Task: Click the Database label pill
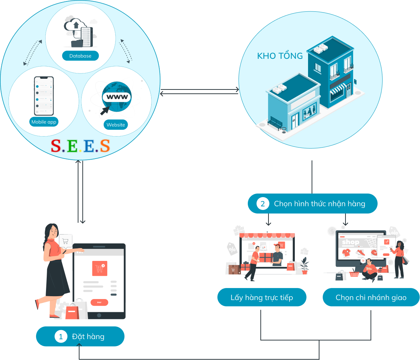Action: coord(80,56)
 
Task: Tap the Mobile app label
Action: coord(44,122)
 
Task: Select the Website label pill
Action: coord(116,125)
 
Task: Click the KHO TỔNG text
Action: coord(280,56)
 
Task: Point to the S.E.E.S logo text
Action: coord(80,146)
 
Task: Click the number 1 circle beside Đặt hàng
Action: coord(61,336)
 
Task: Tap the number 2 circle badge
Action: coord(263,204)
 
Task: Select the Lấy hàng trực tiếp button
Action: coord(262,298)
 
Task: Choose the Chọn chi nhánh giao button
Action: coord(371,298)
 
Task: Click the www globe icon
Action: coord(117,97)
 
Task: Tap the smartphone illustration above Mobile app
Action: coord(44,96)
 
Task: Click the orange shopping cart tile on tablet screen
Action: coord(99,268)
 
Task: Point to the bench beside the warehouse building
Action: coord(275,123)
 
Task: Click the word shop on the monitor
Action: coord(350,242)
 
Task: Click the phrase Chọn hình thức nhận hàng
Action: coord(319,204)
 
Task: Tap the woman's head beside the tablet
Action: coord(52,231)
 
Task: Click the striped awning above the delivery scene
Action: coord(267,236)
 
